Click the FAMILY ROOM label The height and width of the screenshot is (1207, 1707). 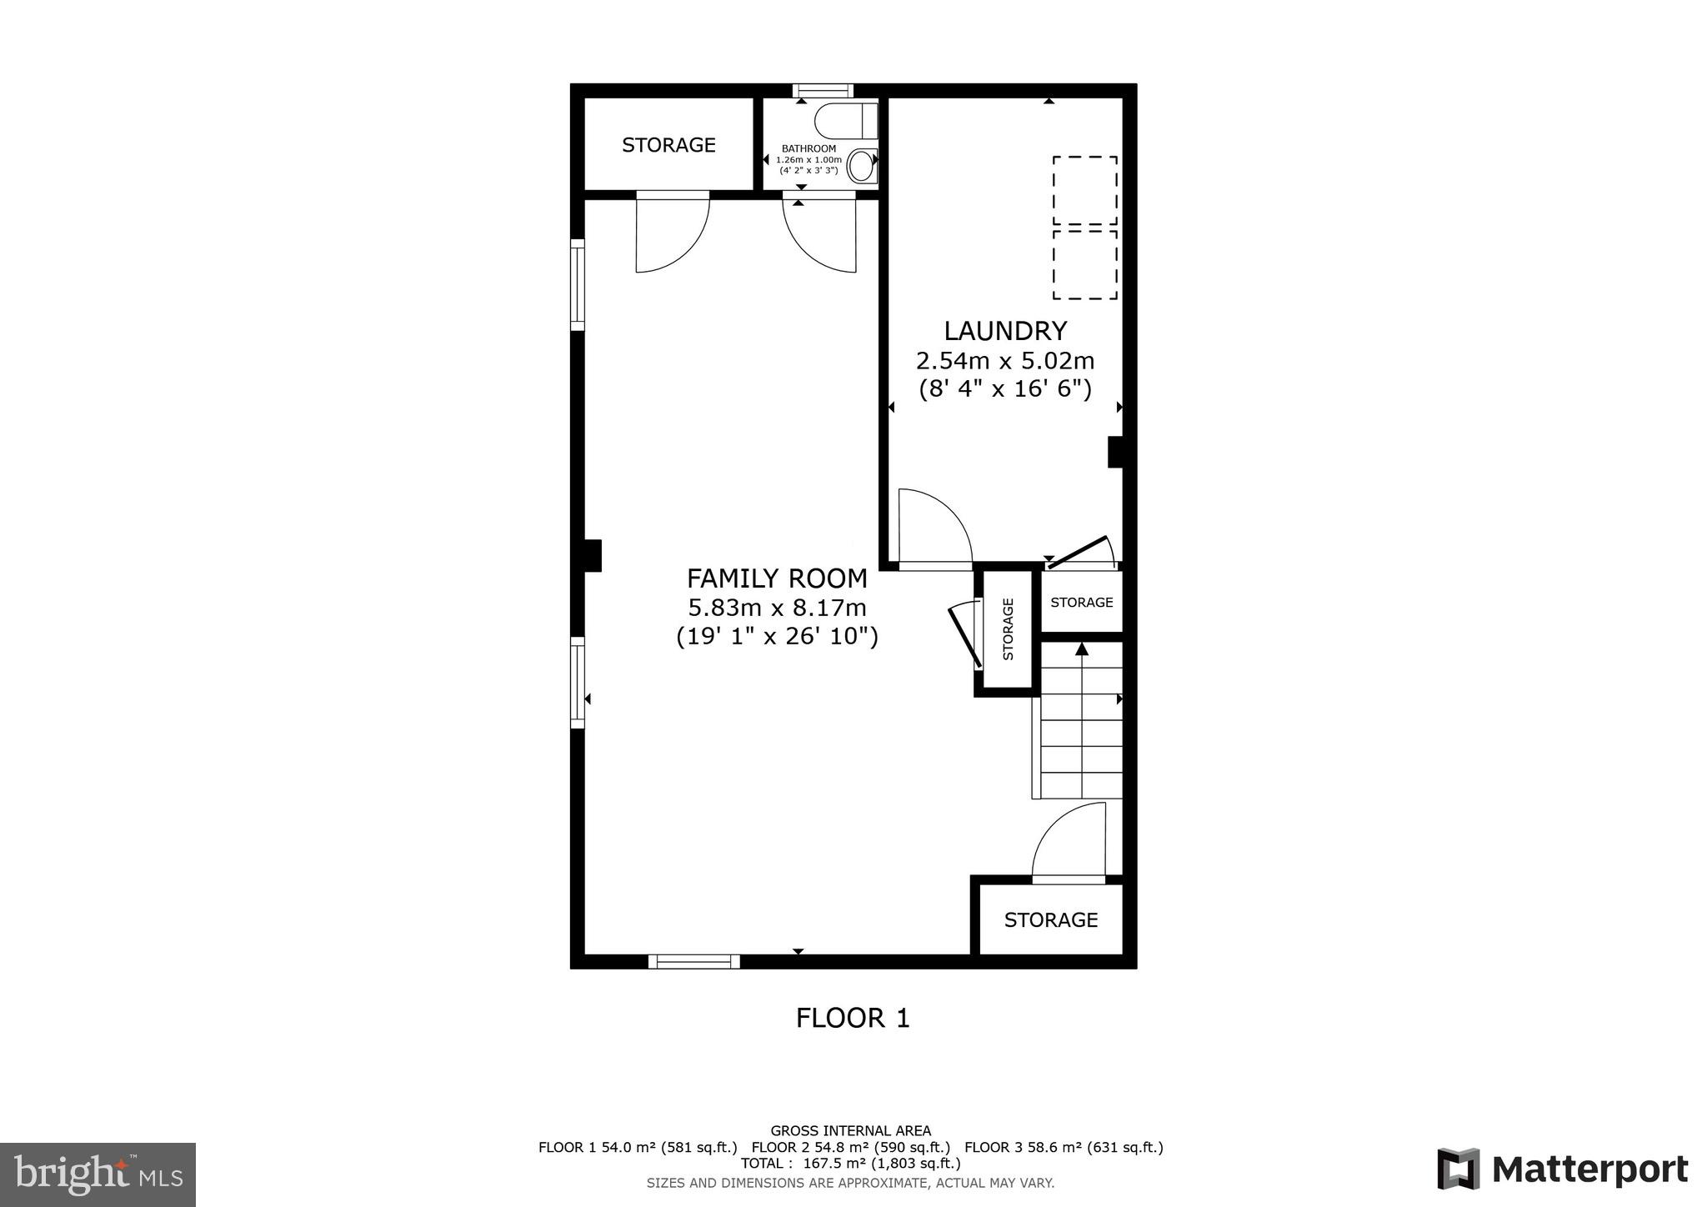click(777, 578)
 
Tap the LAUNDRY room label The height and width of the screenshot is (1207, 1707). click(1004, 331)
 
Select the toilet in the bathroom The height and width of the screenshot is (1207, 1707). click(847, 121)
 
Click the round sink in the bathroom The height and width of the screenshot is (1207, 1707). click(864, 165)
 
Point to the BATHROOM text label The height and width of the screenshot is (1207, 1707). click(808, 148)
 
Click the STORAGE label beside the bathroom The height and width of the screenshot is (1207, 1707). click(668, 145)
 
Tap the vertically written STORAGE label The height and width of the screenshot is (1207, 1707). click(1008, 629)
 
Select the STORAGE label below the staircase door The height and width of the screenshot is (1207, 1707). click(1050, 919)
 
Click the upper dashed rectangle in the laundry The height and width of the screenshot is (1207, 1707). click(1084, 190)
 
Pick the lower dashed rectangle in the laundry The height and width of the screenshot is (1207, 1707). click(1084, 264)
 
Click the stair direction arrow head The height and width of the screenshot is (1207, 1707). click(1082, 649)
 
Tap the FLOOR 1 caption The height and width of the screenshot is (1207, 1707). click(853, 1018)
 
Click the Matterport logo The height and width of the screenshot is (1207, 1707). click(1562, 1169)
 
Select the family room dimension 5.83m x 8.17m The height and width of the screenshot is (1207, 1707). click(777, 608)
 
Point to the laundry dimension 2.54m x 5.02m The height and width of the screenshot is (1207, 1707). click(1004, 361)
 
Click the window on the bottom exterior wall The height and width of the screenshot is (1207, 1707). click(693, 961)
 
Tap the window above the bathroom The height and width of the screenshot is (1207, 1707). click(823, 91)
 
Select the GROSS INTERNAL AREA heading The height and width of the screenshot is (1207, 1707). click(850, 1131)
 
